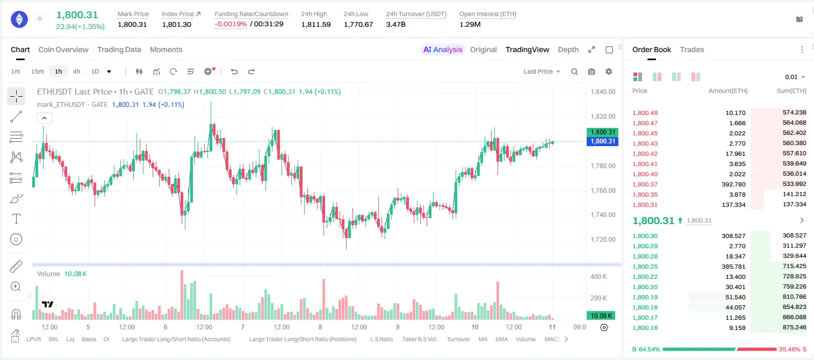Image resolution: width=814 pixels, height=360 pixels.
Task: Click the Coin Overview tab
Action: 63,49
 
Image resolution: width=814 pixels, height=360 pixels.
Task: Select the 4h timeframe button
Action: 76,71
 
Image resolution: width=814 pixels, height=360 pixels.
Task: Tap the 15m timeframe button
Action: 38,71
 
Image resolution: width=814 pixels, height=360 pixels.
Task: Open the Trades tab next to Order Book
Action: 692,49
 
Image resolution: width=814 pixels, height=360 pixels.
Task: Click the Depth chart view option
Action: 568,49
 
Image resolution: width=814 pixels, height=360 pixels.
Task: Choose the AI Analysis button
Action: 443,49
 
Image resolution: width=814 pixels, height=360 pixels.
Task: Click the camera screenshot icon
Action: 592,71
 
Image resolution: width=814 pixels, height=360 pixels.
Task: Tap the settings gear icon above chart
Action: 609,71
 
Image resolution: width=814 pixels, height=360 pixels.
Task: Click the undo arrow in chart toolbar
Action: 234,71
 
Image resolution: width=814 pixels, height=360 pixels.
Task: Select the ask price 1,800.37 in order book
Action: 645,184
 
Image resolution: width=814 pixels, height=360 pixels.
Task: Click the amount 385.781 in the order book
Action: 733,267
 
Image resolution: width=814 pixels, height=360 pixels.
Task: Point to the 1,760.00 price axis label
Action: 603,190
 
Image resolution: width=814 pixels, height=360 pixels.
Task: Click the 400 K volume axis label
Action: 599,277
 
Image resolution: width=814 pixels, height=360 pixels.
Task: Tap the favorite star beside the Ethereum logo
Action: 40,18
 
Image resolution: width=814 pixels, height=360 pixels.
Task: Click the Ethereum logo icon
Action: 19,19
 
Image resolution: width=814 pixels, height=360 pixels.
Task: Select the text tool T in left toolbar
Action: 16,219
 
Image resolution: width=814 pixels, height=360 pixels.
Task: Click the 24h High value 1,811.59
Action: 316,24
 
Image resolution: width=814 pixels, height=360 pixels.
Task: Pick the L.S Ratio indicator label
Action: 381,339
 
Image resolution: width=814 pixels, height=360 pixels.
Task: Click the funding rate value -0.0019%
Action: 230,24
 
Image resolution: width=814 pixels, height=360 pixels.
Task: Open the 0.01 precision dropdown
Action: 795,77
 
